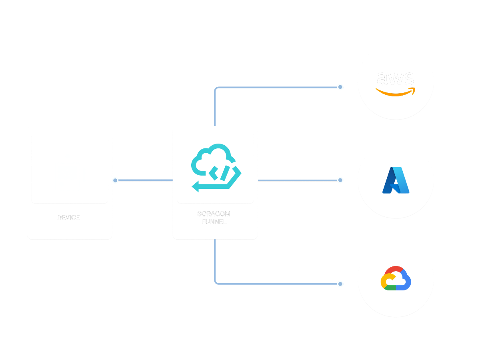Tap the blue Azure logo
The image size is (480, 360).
(x=396, y=180)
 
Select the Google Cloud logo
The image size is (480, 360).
(x=396, y=278)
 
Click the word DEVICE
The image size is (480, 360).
(x=69, y=218)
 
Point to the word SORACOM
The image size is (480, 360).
(x=214, y=214)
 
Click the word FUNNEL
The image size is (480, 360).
(x=214, y=221)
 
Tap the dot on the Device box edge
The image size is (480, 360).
(x=115, y=180)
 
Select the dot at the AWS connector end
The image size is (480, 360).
(x=340, y=87)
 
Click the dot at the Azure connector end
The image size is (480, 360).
(x=340, y=180)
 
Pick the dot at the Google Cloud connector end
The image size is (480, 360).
(x=340, y=284)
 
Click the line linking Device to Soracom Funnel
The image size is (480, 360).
(x=144, y=180)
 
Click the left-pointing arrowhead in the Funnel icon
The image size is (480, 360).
(x=196, y=186)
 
